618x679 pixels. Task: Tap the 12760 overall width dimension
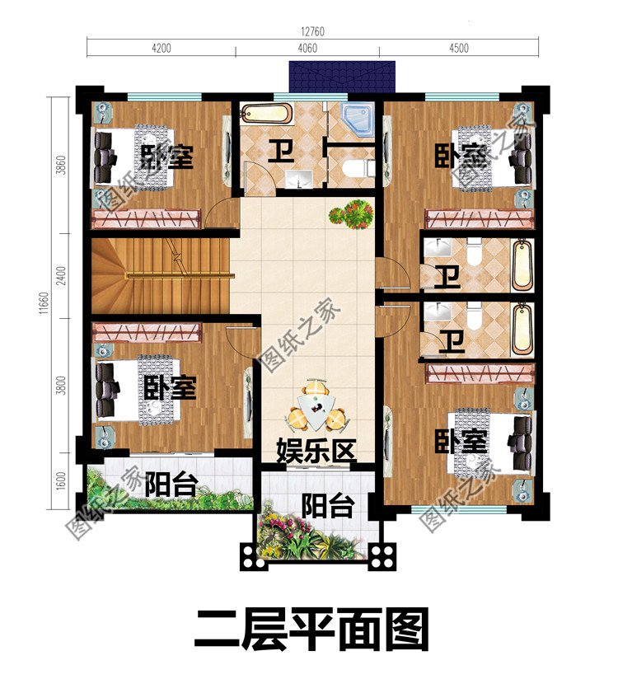(x=312, y=30)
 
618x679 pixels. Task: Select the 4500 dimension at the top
(x=459, y=48)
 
